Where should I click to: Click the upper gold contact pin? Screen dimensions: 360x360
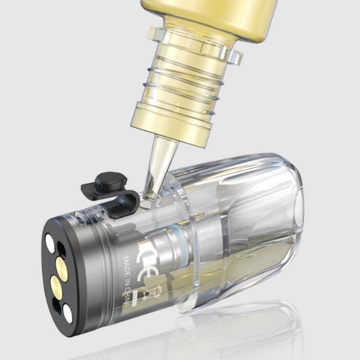[62, 269]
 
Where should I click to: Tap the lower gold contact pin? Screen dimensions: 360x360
[56, 288]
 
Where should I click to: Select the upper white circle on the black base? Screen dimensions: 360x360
[50, 244]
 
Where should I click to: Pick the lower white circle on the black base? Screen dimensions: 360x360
[68, 314]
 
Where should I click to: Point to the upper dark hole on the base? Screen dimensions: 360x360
[61, 250]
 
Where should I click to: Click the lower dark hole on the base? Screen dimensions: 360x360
[56, 306]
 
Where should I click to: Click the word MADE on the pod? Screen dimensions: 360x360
[127, 264]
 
